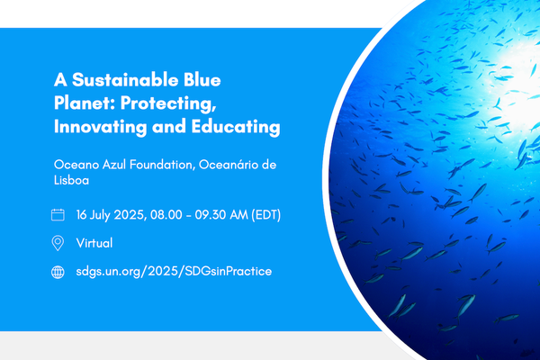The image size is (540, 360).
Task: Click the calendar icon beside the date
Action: click(x=58, y=215)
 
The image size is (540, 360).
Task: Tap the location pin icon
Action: click(x=58, y=243)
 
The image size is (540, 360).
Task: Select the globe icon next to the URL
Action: click(x=58, y=271)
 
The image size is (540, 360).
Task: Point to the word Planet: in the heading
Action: click(x=83, y=103)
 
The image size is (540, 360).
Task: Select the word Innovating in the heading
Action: click(x=98, y=127)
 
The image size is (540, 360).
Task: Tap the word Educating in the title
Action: click(x=236, y=127)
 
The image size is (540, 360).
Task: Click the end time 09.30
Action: click(x=226, y=215)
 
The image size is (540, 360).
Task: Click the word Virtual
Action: click(x=94, y=243)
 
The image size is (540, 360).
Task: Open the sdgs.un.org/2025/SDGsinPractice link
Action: click(x=174, y=271)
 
